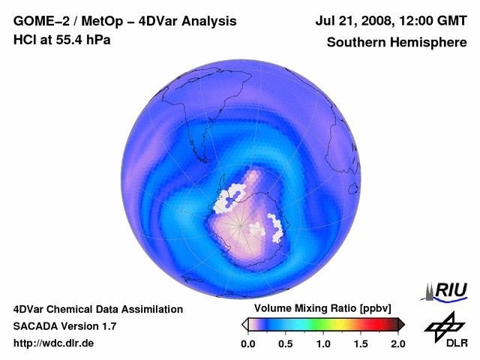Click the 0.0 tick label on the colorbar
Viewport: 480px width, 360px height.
(x=247, y=343)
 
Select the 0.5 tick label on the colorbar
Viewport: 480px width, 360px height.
(x=285, y=343)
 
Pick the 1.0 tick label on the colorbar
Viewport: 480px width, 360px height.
(x=322, y=343)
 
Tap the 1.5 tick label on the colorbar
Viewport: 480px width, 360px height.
(x=360, y=343)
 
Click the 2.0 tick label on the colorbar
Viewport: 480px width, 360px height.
(x=397, y=343)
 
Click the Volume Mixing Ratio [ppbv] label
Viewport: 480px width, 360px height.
(x=319, y=308)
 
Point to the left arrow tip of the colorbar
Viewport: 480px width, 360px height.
(x=244, y=324)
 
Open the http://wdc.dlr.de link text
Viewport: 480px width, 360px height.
(x=54, y=343)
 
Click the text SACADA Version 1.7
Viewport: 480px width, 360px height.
(x=64, y=326)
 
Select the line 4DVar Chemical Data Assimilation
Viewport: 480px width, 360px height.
(x=97, y=309)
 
